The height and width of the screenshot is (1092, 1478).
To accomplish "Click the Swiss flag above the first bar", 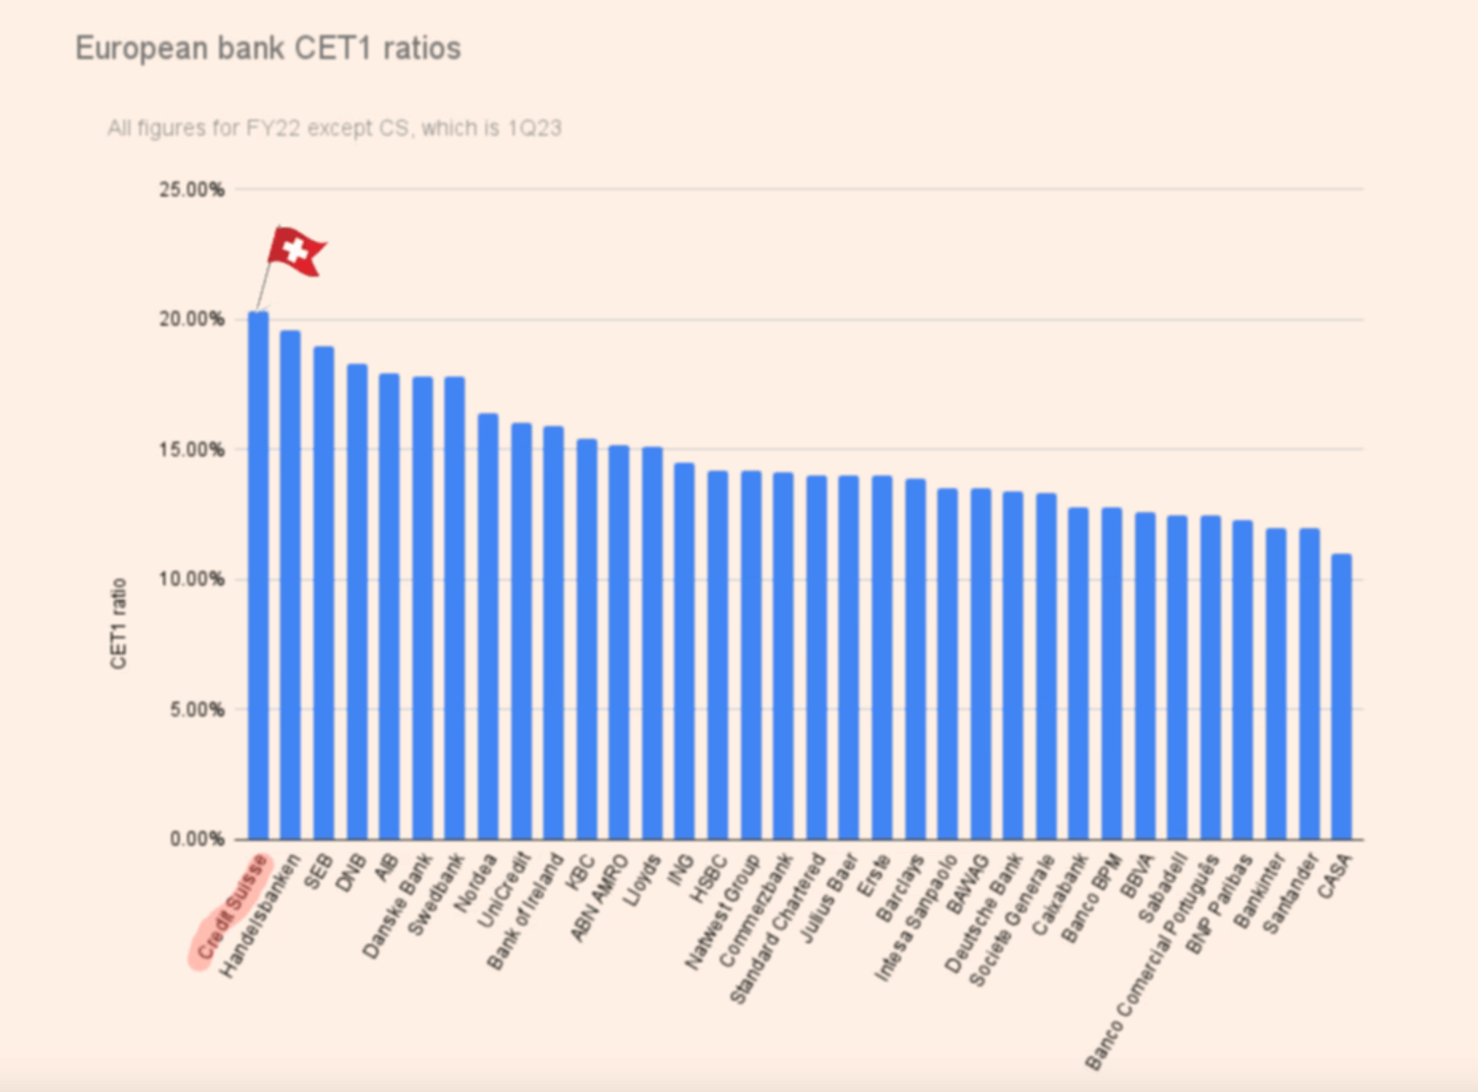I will click(295, 251).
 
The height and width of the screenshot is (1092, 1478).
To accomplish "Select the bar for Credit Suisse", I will click(258, 574).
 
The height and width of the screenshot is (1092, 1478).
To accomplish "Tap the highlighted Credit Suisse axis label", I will click(231, 909).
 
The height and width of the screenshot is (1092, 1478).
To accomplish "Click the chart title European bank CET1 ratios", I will click(268, 49).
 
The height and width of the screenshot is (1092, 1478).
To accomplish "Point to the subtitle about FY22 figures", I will click(334, 128).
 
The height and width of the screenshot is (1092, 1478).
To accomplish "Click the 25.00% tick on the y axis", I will click(191, 190).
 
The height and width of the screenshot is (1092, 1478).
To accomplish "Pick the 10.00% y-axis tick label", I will click(191, 579).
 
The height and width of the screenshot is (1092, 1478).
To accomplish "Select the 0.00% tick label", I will click(196, 839).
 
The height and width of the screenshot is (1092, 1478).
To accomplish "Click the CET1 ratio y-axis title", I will click(118, 624).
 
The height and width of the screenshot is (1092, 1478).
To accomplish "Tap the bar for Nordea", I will click(487, 626).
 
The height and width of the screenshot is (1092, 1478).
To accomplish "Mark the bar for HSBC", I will click(717, 655).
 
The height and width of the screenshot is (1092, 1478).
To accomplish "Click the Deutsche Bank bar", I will click(1012, 665).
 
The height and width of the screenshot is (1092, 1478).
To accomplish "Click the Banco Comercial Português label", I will click(1153, 961).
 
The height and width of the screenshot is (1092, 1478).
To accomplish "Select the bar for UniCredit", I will click(521, 631).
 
